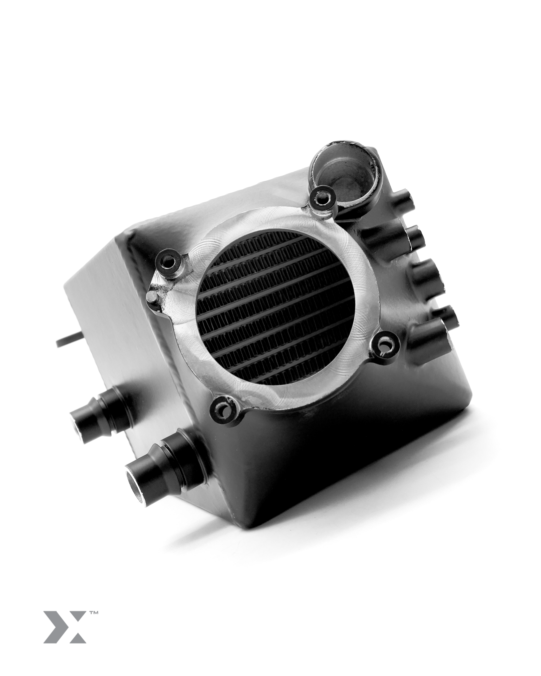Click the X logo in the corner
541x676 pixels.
(64, 626)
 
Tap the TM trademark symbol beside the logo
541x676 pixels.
(93, 612)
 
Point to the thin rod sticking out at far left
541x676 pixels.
(68, 342)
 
